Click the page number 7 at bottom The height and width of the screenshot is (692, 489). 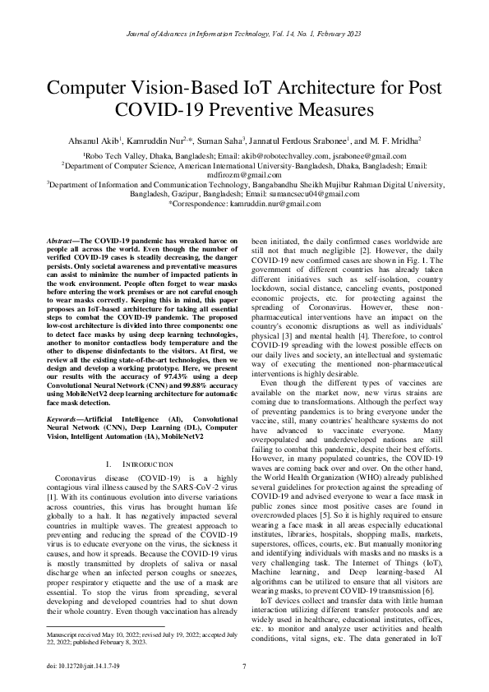(244, 665)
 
